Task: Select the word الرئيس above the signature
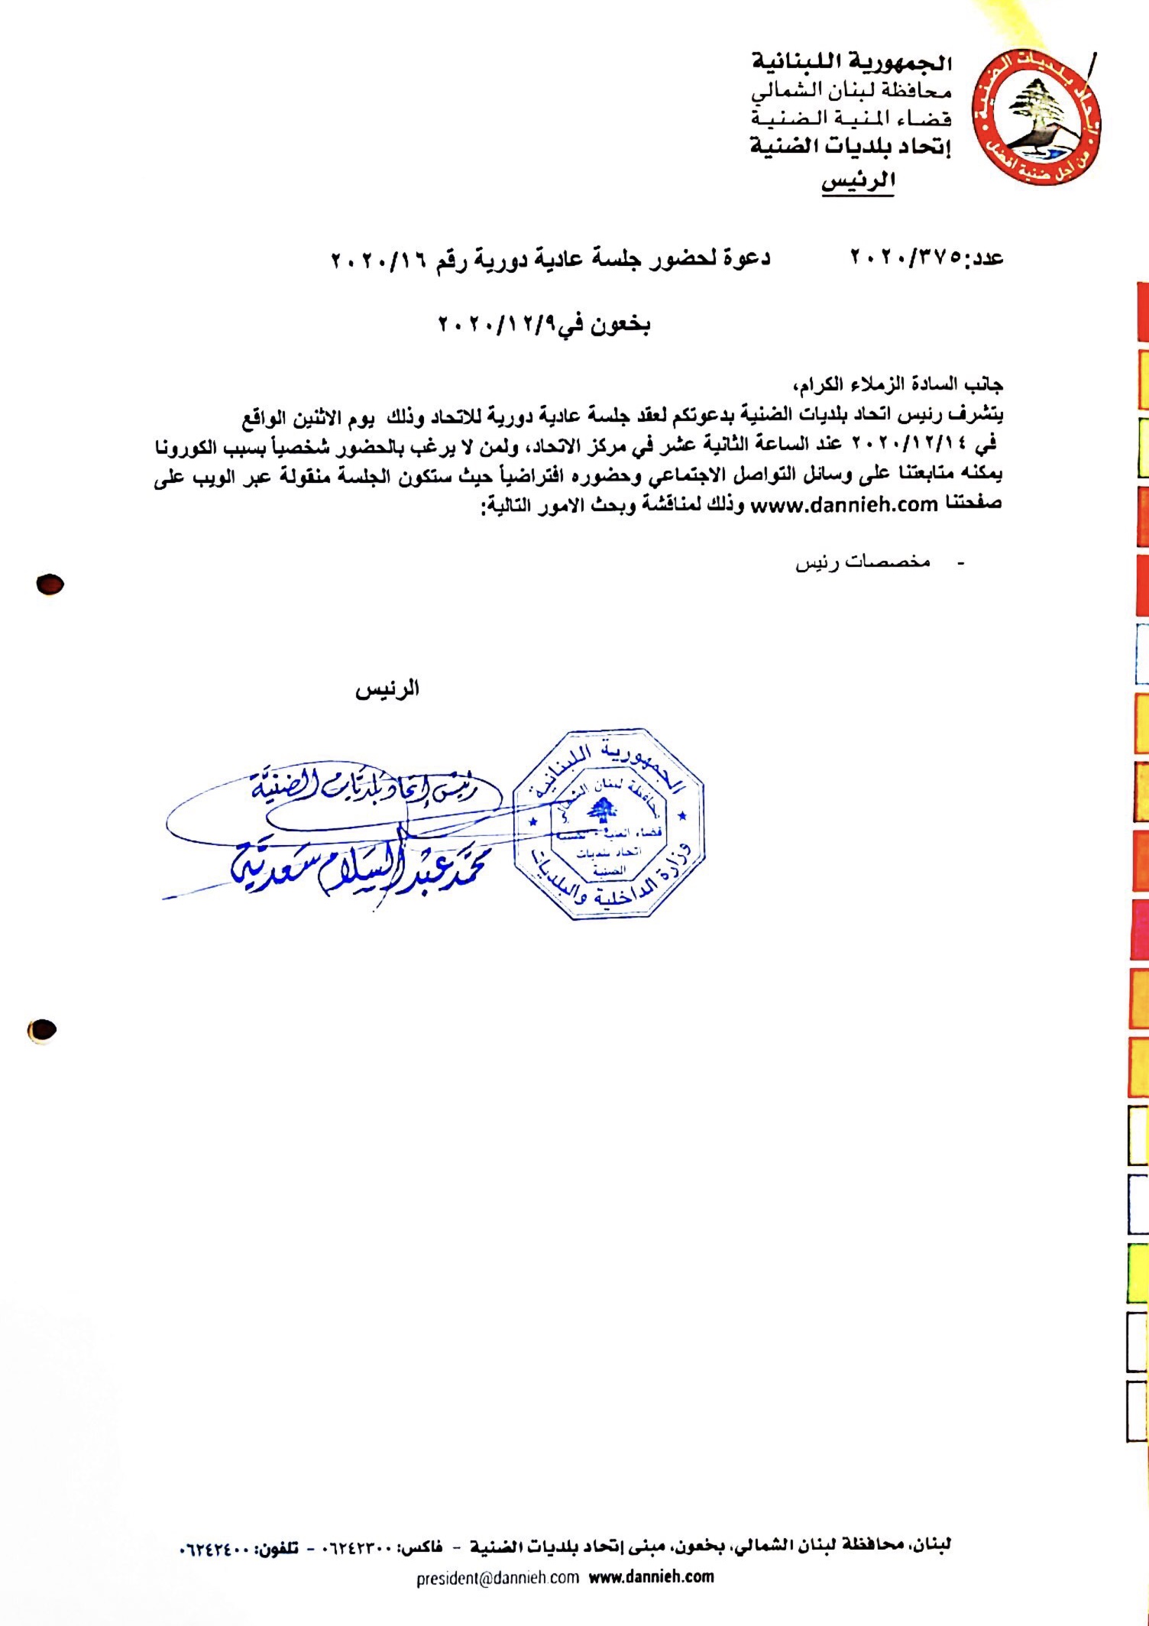click(x=387, y=689)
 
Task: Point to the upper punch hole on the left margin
click(x=50, y=585)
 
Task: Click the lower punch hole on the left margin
click(x=41, y=1030)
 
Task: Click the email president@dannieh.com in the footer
click(x=497, y=1577)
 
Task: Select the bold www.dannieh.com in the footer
click(x=651, y=1576)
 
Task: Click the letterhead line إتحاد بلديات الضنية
click(x=850, y=146)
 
